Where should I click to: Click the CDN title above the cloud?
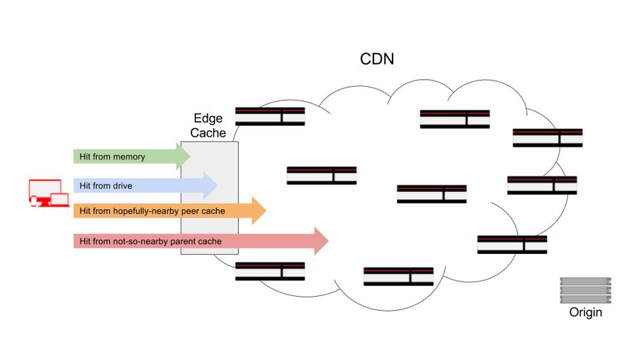[377, 59]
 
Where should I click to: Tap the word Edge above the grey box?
[208, 118]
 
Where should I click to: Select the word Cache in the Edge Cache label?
[208, 132]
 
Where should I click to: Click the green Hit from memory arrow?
[132, 157]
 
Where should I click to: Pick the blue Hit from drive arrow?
[145, 186]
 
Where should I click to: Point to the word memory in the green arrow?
[129, 157]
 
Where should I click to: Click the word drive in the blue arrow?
[122, 186]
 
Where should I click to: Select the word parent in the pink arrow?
[182, 241]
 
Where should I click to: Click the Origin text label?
[586, 312]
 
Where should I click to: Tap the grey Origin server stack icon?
[586, 290]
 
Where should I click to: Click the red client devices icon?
[49, 193]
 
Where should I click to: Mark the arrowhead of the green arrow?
[183, 157]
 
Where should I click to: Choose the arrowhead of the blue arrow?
[210, 186]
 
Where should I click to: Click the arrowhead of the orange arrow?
[259, 211]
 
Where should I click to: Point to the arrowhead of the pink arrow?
[321, 240]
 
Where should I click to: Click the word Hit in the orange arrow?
[85, 211]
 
